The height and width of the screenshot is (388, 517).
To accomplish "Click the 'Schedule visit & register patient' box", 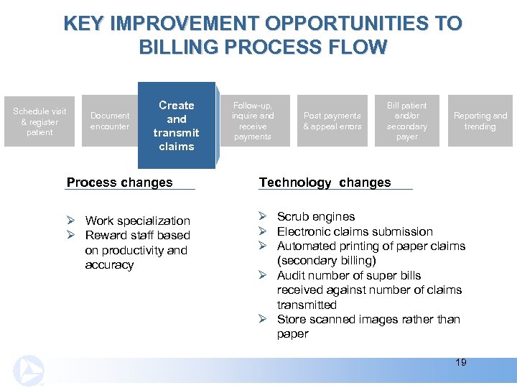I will click(39, 121).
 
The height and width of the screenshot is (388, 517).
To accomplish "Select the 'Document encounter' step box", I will click(110, 121).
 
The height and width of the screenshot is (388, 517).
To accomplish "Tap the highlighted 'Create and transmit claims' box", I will click(177, 126).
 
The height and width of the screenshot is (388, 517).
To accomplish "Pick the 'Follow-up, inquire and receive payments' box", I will click(253, 121).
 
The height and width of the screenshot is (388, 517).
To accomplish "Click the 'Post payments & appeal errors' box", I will click(332, 121).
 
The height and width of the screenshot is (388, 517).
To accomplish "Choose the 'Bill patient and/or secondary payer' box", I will click(407, 121).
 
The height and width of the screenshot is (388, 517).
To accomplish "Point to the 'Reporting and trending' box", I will click(480, 121).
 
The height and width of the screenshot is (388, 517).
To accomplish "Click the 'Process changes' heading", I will click(119, 182).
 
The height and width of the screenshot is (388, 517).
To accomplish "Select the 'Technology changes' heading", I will click(325, 182).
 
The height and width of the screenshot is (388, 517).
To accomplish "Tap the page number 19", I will click(460, 362).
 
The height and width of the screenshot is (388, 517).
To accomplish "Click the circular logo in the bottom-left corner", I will click(28, 370).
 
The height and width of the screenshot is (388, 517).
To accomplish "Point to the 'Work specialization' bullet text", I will click(137, 221).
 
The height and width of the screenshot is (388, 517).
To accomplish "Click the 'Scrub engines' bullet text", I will click(316, 216).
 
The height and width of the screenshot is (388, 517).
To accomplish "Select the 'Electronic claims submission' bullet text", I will click(355, 231).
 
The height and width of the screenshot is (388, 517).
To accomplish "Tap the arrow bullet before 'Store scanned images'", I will click(263, 319).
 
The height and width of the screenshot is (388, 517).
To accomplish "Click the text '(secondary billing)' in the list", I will click(328, 261).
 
